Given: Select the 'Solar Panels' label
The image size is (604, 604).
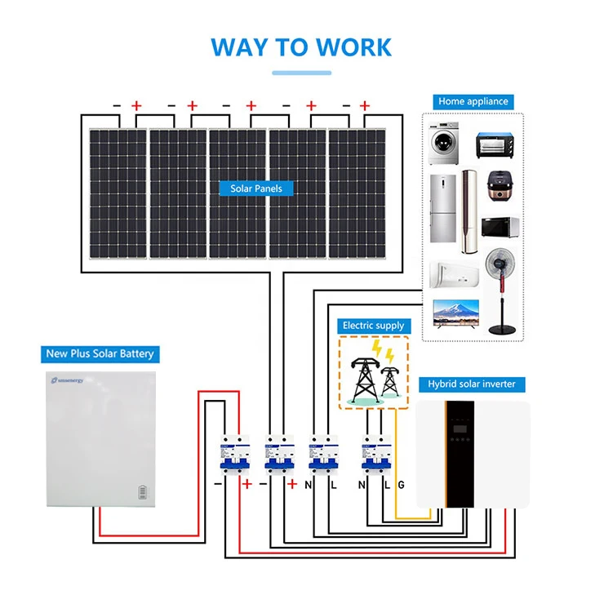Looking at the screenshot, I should pyautogui.click(x=255, y=189).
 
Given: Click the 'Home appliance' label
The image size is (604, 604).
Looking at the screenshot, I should pyautogui.click(x=473, y=102).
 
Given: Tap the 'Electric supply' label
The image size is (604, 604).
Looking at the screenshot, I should pyautogui.click(x=373, y=326).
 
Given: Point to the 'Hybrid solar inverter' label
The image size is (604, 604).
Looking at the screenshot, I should pyautogui.click(x=472, y=384).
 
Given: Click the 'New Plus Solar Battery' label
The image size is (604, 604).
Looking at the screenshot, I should pyautogui.click(x=100, y=354).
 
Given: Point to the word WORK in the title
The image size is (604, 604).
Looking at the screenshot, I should pyautogui.click(x=353, y=47).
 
